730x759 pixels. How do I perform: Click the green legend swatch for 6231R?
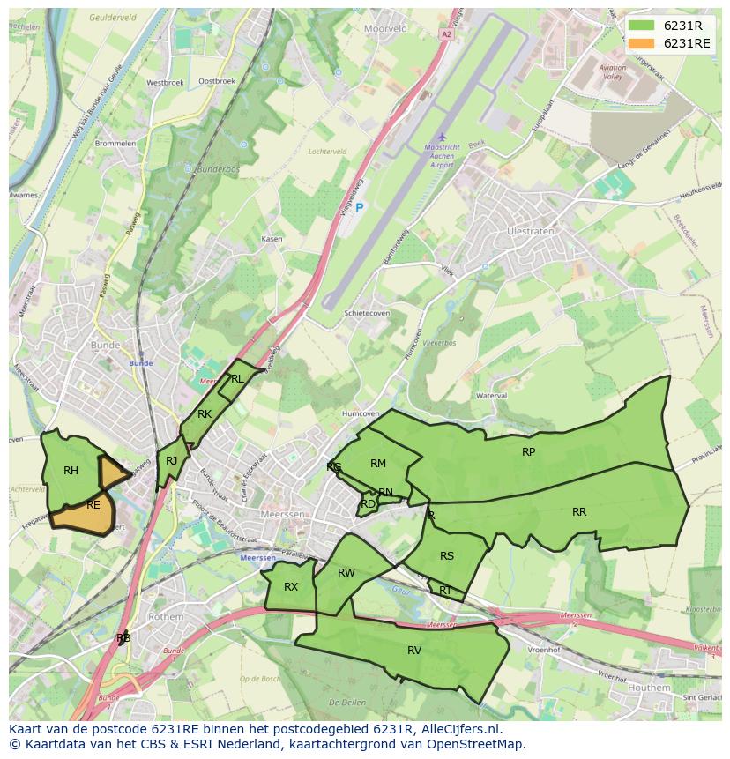(x=641, y=26)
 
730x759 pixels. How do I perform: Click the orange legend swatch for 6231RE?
(x=641, y=43)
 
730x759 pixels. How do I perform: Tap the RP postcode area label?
(x=528, y=452)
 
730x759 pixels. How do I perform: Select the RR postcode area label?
(x=579, y=512)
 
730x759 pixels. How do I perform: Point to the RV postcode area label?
(x=414, y=651)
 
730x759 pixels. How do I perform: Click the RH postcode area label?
(x=71, y=471)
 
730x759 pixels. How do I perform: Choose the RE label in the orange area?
(x=93, y=505)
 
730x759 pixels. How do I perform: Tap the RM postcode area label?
(x=378, y=464)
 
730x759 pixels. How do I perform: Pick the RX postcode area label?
(x=291, y=587)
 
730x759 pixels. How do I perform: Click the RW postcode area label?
(x=346, y=573)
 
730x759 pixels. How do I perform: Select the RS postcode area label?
(x=447, y=556)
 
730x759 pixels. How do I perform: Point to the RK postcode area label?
(x=205, y=414)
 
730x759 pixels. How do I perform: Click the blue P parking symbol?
(x=359, y=207)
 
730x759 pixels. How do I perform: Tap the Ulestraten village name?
(x=531, y=232)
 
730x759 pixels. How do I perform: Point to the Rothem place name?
(x=165, y=617)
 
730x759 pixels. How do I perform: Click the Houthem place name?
(x=651, y=687)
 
